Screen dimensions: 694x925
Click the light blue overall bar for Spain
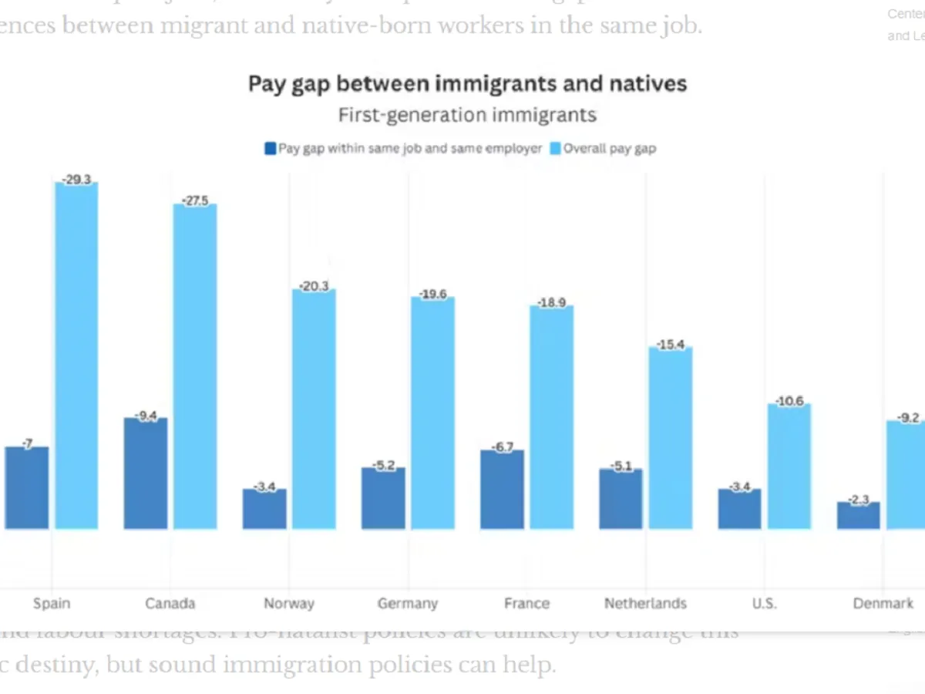coord(76,355)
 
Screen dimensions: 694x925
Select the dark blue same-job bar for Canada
coord(146,473)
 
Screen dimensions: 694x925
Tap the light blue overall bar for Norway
coord(314,409)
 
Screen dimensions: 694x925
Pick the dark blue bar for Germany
coord(383,498)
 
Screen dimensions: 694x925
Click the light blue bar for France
coord(551,417)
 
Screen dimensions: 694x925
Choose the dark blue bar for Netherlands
coord(621,499)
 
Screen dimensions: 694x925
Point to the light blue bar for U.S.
coord(789,467)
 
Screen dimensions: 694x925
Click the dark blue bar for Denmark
coord(858,516)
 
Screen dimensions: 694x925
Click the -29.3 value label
coord(76,180)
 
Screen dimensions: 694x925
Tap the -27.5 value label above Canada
coord(195,201)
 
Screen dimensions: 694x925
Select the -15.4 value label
coord(671,345)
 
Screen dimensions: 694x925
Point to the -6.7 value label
coord(502,447)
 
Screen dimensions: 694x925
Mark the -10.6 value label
coord(789,402)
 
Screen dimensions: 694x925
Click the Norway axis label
coord(289,603)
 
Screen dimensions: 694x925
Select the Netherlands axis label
coord(645,603)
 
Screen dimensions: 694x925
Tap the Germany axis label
coord(408,603)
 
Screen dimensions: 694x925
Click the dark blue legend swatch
coord(270,149)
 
